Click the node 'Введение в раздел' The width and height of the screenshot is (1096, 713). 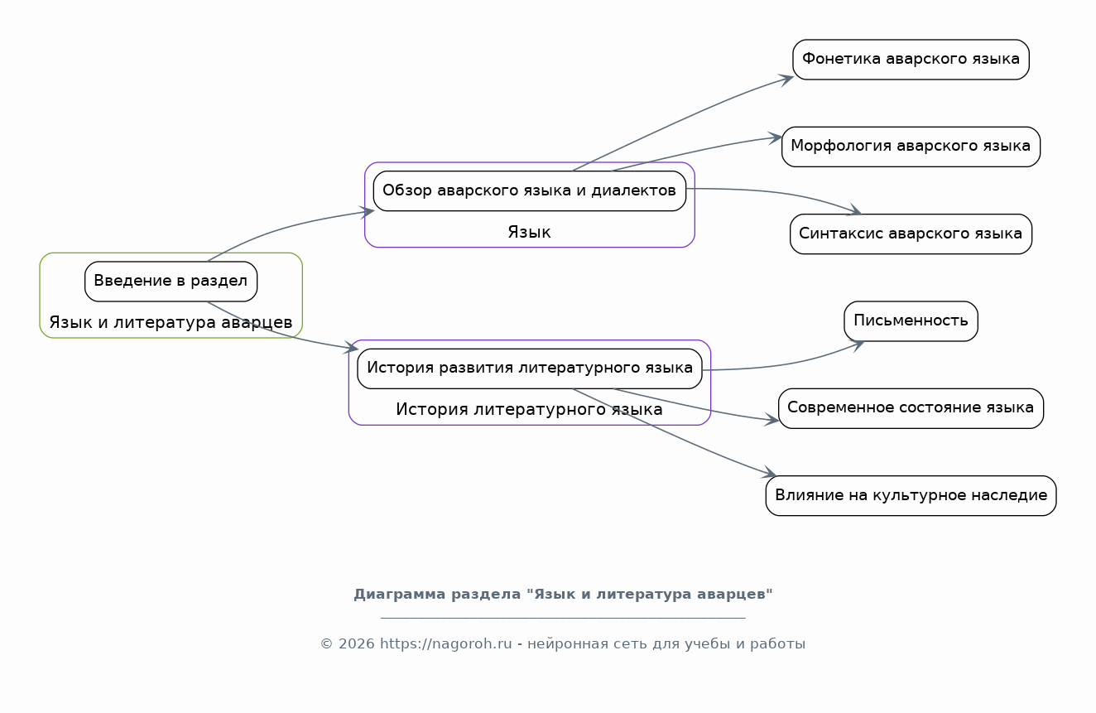(171, 282)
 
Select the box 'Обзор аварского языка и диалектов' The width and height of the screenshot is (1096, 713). (530, 190)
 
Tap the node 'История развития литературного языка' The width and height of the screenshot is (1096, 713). (530, 369)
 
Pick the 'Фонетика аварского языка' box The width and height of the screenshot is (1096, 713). (911, 60)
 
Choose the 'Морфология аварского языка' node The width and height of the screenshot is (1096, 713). (911, 147)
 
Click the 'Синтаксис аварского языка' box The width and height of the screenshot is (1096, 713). (911, 234)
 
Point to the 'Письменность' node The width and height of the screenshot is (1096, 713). (911, 321)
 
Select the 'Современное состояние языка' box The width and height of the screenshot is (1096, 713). (911, 408)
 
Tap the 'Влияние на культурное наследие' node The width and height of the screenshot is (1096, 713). (911, 496)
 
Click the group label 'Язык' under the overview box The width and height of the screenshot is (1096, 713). (530, 232)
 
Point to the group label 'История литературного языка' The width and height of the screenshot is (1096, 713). (530, 409)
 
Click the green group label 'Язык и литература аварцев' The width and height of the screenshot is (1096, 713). (171, 322)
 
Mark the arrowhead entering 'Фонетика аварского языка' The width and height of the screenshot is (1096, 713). (786, 80)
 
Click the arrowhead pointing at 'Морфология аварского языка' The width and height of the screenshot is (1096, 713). (775, 138)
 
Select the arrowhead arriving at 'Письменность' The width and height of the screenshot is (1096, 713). (856, 345)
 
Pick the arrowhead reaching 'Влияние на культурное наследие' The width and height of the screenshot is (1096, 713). (769, 472)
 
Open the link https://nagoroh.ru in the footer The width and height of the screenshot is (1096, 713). (445, 644)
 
